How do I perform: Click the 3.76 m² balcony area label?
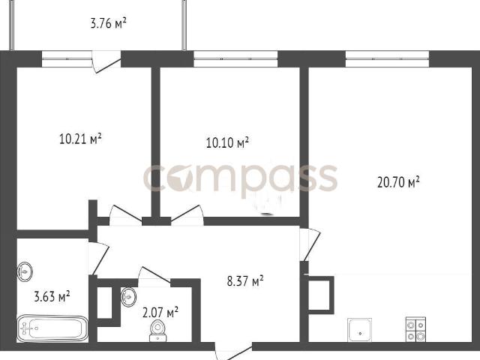click(x=108, y=23)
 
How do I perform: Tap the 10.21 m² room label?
click(x=80, y=139)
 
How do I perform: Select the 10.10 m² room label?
click(x=227, y=142)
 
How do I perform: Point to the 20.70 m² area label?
click(x=398, y=182)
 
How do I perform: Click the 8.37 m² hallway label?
click(x=245, y=281)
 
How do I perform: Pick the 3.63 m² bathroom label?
click(x=52, y=296)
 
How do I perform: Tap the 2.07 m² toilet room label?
click(x=160, y=313)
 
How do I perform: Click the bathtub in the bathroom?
click(x=52, y=328)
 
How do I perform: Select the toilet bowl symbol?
click(x=158, y=331)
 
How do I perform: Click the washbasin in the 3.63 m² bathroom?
click(x=25, y=271)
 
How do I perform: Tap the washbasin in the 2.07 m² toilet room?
click(x=128, y=297)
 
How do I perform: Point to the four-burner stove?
click(x=415, y=329)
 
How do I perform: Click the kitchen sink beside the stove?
click(x=360, y=330)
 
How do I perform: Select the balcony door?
click(x=106, y=61)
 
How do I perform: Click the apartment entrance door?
click(x=234, y=352)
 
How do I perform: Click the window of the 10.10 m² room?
click(x=235, y=59)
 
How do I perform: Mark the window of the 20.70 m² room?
click(x=387, y=59)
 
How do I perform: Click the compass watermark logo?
click(x=241, y=178)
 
